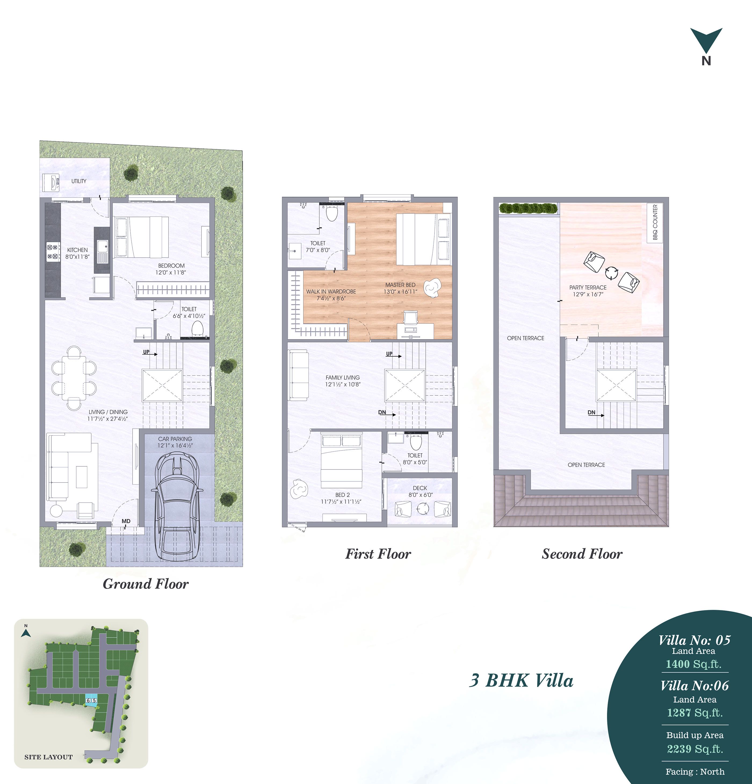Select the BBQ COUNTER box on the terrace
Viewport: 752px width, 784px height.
click(x=655, y=223)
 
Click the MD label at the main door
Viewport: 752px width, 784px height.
click(x=126, y=521)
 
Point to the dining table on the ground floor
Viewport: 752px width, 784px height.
click(x=74, y=378)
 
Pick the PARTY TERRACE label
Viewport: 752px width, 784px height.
click(x=588, y=287)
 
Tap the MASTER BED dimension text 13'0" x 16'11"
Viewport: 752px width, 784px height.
click(x=400, y=292)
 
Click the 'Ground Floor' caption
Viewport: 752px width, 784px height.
click(x=146, y=584)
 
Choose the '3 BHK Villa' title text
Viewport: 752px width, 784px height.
click(x=521, y=681)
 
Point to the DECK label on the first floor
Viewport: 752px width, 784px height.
click(x=420, y=488)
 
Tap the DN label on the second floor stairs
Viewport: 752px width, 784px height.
click(x=591, y=412)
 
